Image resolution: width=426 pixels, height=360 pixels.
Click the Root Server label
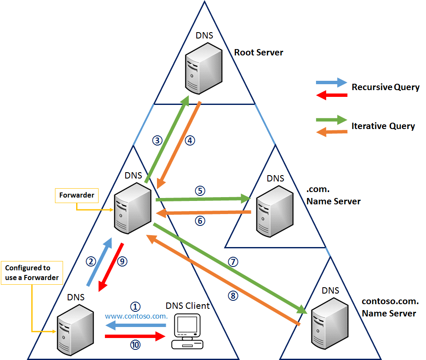pos(258,52)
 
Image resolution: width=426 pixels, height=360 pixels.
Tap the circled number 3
pos(157,140)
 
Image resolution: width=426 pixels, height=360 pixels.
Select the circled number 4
pos(190,140)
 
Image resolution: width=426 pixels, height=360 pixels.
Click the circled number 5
pos(200,191)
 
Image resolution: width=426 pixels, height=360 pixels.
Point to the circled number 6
pos(200,221)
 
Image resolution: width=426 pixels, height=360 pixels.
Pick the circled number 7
pos(233,262)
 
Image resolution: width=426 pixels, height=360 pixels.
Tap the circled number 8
pos(233,296)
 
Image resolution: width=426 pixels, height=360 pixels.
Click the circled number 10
pos(135,345)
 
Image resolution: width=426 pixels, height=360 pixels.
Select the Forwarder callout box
pos(77,195)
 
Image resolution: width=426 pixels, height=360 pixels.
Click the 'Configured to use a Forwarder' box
pos(32,273)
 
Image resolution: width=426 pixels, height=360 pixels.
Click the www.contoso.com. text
pos(136,316)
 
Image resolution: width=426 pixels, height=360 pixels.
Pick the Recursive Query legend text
pos(385,87)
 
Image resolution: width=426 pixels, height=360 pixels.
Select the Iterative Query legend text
pos(383,126)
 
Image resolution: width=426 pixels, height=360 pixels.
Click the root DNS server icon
pos(204,69)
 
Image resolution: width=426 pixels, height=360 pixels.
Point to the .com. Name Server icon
pos(275,212)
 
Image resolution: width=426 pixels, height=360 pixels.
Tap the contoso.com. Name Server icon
pos(330,324)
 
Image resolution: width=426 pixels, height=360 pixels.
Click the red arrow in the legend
pos(332,95)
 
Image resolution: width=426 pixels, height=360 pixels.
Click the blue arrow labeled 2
pos(99,262)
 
